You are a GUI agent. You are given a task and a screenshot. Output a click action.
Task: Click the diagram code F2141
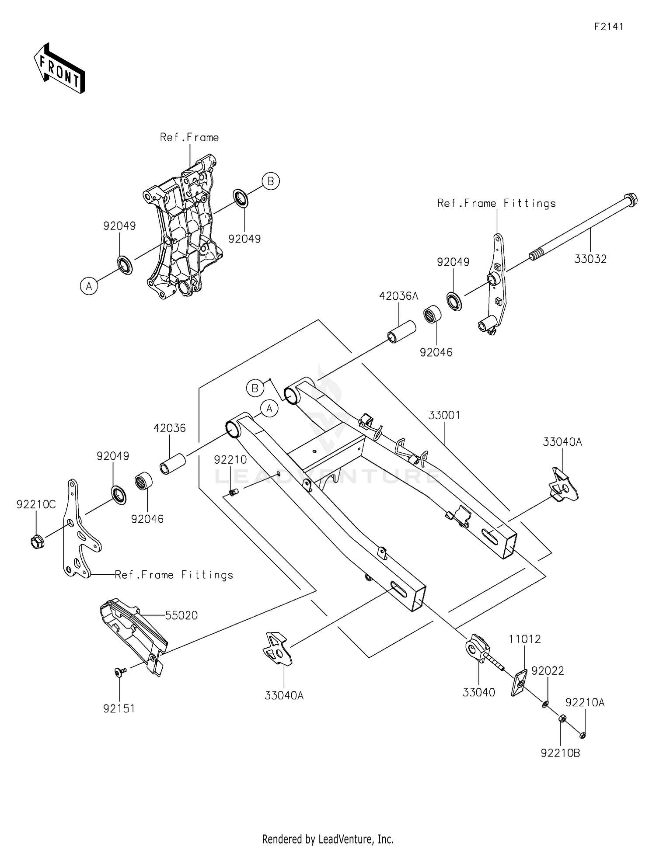point(608,27)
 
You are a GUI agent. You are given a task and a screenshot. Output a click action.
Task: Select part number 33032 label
point(590,259)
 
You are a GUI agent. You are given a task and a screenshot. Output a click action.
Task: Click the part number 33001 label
point(444,415)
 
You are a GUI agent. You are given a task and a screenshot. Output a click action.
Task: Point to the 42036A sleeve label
point(398,296)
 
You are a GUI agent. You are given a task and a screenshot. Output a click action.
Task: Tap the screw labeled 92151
point(119,672)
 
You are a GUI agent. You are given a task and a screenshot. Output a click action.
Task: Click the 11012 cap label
point(524,639)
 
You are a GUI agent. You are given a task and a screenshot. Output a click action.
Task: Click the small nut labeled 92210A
point(582,735)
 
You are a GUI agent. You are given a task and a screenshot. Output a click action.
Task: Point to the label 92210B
point(560,753)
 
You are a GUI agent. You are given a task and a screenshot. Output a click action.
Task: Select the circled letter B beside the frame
point(270,181)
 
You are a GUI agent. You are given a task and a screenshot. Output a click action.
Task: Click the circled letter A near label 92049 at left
point(89,286)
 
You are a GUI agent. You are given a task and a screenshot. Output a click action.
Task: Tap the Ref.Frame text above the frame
point(189,137)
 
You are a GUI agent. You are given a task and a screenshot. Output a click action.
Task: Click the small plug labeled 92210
point(234,493)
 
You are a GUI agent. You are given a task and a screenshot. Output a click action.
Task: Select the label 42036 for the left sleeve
point(169,428)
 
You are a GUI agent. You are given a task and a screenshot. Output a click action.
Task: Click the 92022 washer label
point(548,670)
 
